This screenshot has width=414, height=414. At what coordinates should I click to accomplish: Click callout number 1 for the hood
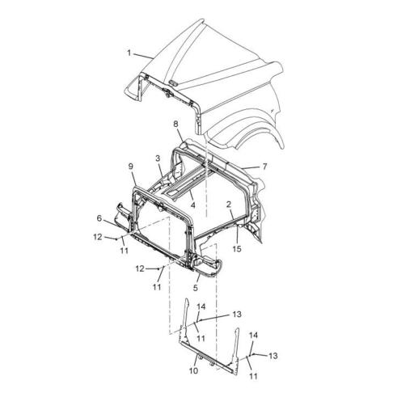129,53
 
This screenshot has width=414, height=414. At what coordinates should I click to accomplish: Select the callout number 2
229,205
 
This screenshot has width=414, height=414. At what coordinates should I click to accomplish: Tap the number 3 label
158,158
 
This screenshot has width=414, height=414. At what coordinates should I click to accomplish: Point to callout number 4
192,205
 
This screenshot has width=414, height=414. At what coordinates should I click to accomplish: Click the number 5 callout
196,288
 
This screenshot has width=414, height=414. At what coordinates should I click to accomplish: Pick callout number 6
99,218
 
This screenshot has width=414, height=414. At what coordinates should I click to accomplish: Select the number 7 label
264,167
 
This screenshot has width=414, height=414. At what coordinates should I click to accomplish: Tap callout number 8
175,125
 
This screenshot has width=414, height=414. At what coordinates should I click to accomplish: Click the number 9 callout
131,167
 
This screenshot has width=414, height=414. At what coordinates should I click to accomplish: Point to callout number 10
193,371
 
